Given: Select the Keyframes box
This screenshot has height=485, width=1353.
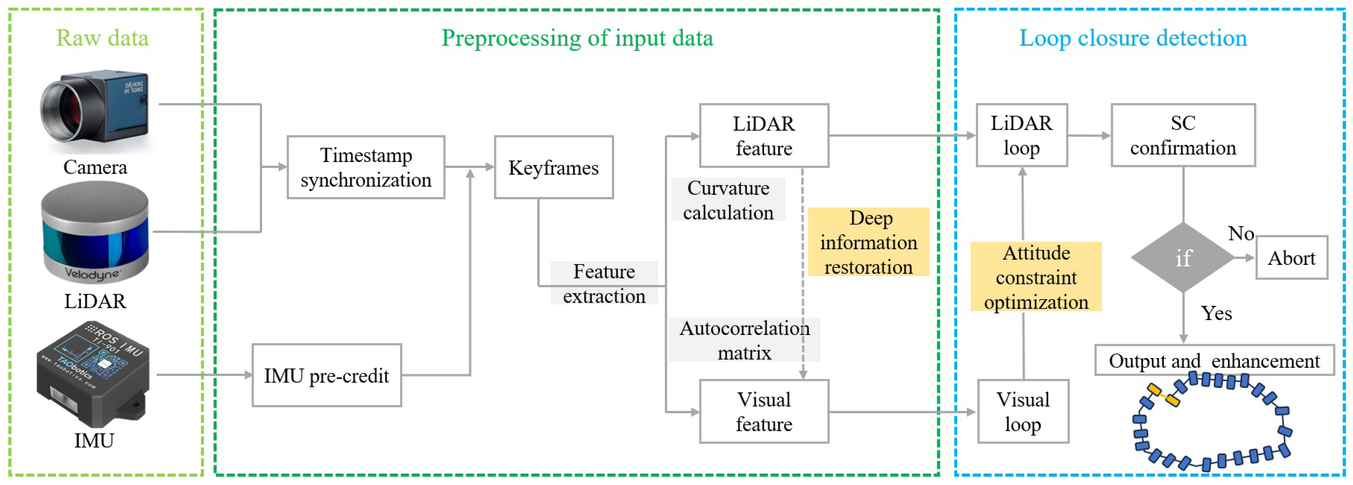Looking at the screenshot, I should [553, 167].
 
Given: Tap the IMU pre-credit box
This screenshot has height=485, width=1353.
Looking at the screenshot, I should [327, 375].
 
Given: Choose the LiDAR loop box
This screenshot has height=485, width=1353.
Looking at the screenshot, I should [1022, 135].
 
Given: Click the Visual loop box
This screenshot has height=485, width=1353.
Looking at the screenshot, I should [1023, 412].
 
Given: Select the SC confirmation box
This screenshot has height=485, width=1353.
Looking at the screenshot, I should [1183, 135].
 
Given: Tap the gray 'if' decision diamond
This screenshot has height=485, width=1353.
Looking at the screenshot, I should [1183, 257].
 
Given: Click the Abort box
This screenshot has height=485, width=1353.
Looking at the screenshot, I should [1291, 258].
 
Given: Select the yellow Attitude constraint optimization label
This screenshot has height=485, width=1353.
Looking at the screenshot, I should [1036, 276].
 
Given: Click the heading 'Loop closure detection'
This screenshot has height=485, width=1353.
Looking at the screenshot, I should [1133, 38].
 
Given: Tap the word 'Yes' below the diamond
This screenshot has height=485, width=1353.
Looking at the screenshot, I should [1216, 313].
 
